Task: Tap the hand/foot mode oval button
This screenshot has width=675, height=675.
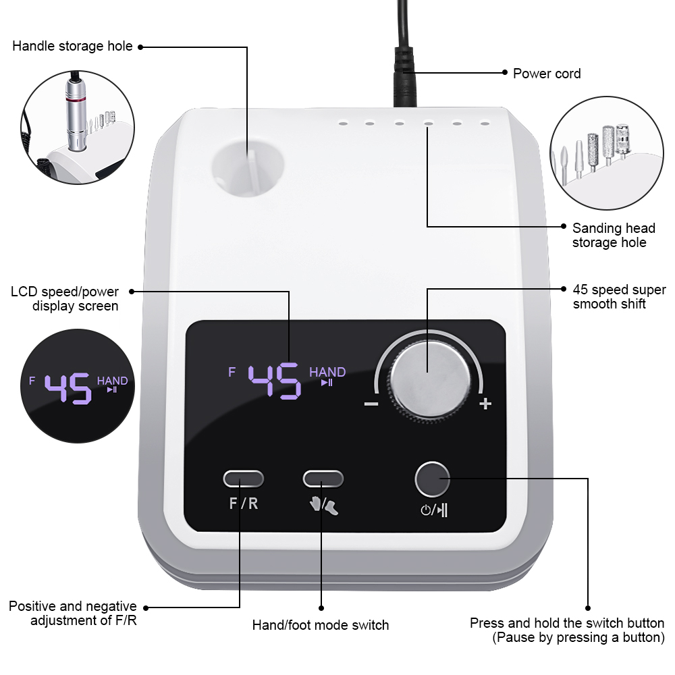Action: pos(323,479)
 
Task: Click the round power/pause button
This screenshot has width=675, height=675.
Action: pos(432,479)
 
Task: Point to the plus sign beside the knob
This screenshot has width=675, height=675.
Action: pos(485,404)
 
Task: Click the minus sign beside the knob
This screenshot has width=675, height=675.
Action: pos(371,404)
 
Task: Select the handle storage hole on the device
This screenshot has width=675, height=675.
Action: pos(248,166)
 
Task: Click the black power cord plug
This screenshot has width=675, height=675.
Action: pos(404,77)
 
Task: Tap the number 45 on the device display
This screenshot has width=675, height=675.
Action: pos(274,381)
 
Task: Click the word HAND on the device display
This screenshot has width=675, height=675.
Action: pos(327,372)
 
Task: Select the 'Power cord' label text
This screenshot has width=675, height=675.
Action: pos(547,74)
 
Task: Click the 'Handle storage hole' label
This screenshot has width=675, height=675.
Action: pos(72,46)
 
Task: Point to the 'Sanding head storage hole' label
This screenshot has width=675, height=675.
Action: pos(614,235)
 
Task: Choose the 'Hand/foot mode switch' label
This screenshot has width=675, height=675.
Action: pos(320,625)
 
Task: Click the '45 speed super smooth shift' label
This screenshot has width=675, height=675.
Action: pos(619,296)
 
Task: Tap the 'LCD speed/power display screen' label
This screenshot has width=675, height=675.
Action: pos(65,299)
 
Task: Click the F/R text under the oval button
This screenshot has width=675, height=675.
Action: pos(244,504)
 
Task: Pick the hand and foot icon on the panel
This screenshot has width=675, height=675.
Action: pos(324,505)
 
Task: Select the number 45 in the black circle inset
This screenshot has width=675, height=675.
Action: pos(68,388)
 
